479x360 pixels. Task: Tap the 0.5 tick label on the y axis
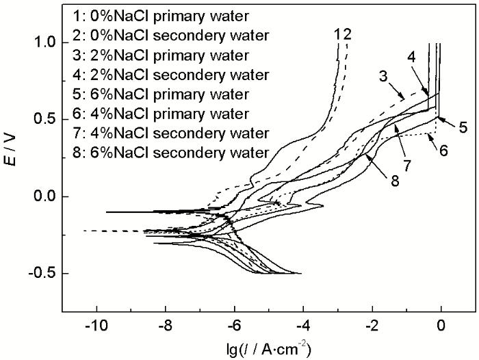click(47, 120)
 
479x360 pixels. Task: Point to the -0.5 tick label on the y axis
click(45, 274)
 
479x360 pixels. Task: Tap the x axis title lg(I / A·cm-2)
click(263, 348)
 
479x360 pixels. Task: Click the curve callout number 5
click(463, 127)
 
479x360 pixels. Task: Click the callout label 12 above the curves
click(344, 33)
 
